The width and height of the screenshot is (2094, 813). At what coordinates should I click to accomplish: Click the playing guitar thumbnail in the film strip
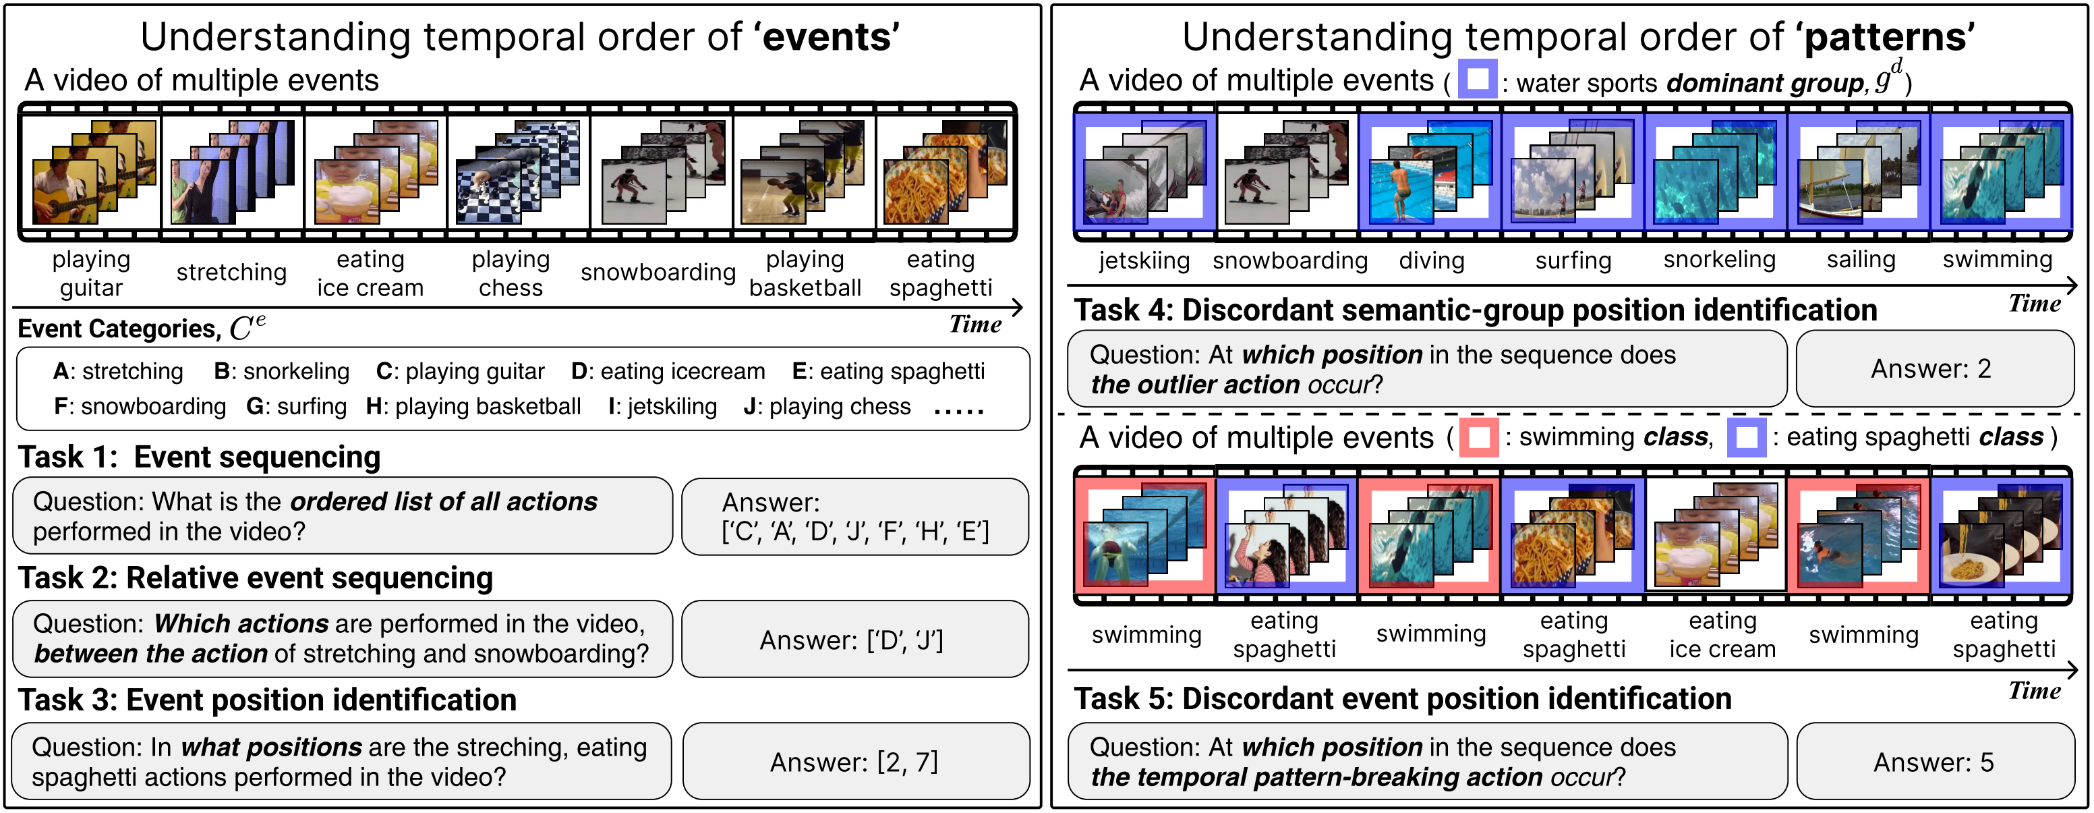[91, 172]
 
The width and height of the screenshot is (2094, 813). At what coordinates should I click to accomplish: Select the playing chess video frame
[518, 172]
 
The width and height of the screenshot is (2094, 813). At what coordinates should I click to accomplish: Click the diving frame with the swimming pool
[1430, 172]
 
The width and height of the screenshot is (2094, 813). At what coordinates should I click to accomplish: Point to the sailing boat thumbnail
[1858, 172]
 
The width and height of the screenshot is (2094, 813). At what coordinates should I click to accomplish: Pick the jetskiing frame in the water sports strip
[1144, 172]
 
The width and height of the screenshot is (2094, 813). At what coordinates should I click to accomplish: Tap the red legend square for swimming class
[1479, 437]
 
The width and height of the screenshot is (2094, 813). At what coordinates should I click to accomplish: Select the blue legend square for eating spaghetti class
[1746, 437]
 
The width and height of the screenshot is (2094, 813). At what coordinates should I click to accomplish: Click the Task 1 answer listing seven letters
[855, 517]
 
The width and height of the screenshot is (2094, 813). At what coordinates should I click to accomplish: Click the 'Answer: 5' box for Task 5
[1934, 762]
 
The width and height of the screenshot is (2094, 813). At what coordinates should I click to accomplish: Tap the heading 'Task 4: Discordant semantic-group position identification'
[1476, 310]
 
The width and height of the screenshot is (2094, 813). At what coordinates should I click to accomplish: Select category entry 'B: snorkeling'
[281, 372]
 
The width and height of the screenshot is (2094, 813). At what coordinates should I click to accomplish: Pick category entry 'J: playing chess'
[827, 406]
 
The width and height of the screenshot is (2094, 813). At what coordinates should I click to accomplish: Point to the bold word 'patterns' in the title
[1888, 37]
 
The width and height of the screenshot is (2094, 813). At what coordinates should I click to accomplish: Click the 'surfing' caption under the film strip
[1573, 261]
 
